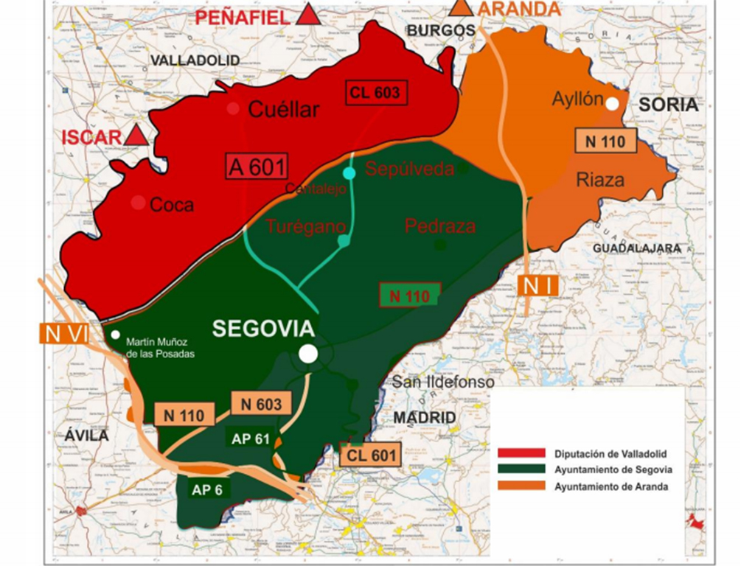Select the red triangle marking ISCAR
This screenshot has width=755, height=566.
(x=135, y=135)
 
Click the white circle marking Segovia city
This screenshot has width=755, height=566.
(x=308, y=354)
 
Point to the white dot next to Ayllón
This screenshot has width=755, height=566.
(x=612, y=103)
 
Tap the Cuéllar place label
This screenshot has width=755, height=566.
(x=284, y=110)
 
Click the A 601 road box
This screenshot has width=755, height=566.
(x=257, y=167)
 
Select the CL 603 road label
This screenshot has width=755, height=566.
(x=376, y=92)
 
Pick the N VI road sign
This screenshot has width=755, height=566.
(x=63, y=334)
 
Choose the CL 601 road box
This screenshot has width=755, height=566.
(x=371, y=455)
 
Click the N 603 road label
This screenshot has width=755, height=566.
(x=257, y=403)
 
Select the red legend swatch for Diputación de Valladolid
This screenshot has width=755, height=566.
(x=521, y=453)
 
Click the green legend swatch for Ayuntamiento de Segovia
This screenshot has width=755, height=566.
(x=521, y=469)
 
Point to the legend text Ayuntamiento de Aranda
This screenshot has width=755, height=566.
(x=612, y=486)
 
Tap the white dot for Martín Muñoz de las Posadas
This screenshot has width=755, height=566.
(x=115, y=335)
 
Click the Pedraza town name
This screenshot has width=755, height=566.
(x=440, y=226)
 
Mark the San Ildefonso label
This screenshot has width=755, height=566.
(x=442, y=382)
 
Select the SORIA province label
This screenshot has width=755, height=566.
(x=668, y=105)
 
